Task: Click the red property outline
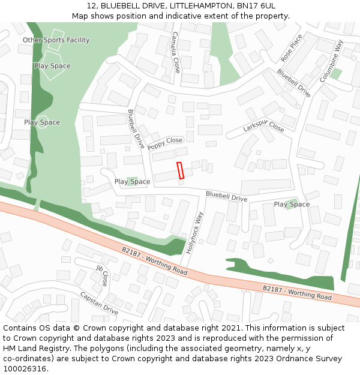coord(180,170)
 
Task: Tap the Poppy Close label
coord(165,143)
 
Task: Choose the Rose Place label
coord(292,48)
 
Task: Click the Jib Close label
coord(102,274)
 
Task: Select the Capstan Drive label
coord(99,304)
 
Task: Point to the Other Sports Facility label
coord(56,40)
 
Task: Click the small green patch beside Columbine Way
coord(335,74)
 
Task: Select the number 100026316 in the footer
coord(24,369)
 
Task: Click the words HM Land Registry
coord(34,349)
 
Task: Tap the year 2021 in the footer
coord(230,328)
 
